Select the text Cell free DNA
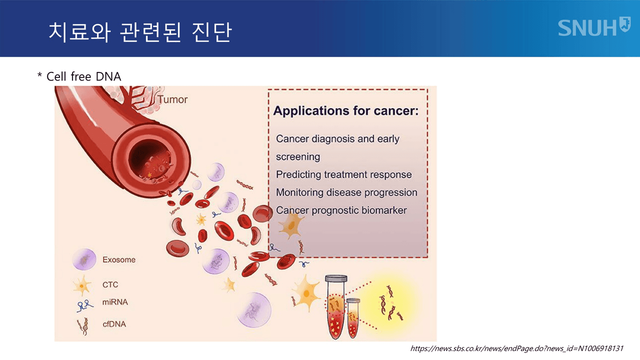point(83,76)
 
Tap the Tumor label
point(172,99)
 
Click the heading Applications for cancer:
point(345,110)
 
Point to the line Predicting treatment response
point(343,174)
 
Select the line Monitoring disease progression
point(346,192)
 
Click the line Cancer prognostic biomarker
point(341,210)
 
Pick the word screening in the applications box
point(298,156)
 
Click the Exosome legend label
point(119,260)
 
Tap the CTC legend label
point(110,284)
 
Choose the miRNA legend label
point(114,302)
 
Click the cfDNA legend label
point(114,324)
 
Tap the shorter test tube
point(353,318)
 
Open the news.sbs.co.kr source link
point(517,348)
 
